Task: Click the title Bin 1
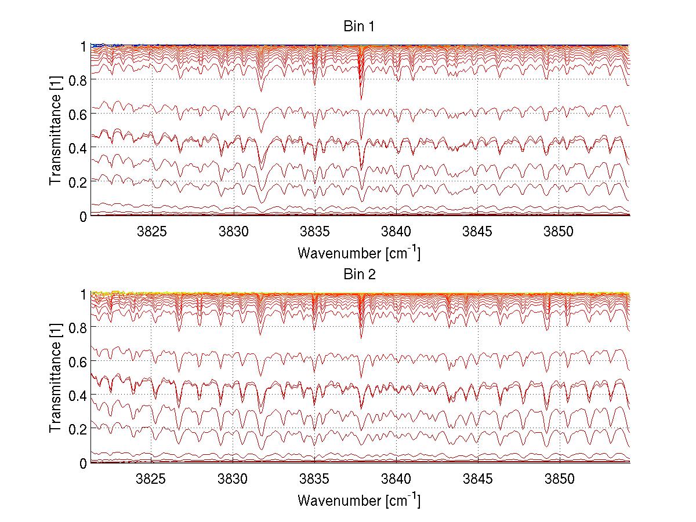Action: tap(359, 27)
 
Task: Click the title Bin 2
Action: tap(359, 275)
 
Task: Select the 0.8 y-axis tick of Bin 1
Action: tap(77, 80)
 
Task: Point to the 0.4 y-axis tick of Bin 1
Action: tap(77, 148)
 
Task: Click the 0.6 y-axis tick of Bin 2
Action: tap(77, 361)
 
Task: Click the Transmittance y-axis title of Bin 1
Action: tap(55, 130)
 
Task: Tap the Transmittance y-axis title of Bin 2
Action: tap(55, 378)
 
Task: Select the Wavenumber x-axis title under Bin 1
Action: tap(359, 253)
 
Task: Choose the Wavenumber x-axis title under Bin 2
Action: tap(359, 501)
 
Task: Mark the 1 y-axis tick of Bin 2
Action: tap(83, 294)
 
